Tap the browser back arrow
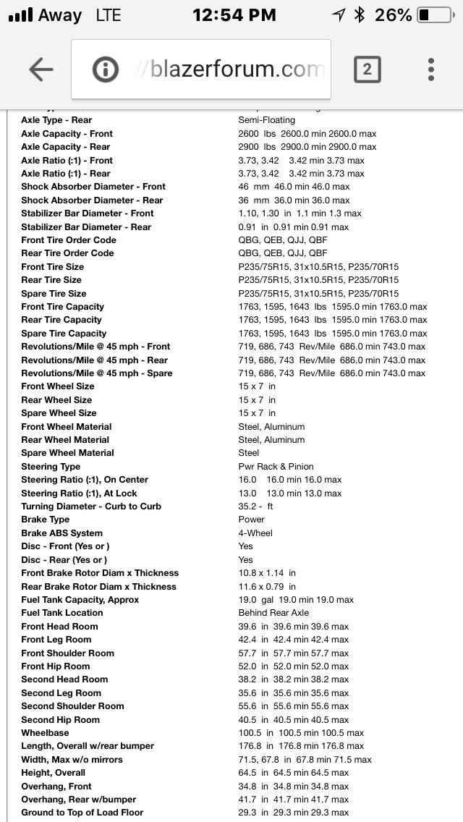(x=41, y=69)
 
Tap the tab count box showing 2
(x=367, y=69)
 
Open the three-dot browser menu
(x=431, y=69)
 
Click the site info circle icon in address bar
(x=106, y=69)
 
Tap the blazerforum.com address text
(x=230, y=69)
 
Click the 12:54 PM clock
(x=234, y=14)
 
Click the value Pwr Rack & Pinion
(x=276, y=467)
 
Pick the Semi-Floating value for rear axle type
(x=266, y=120)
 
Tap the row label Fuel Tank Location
(x=62, y=613)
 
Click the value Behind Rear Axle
(x=273, y=613)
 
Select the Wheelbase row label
(x=45, y=733)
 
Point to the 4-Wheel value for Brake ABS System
(x=255, y=533)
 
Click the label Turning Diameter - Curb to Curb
(x=91, y=507)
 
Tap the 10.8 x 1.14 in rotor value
(x=267, y=573)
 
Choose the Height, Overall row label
(x=53, y=773)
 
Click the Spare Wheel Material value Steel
(x=248, y=453)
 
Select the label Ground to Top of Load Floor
(x=82, y=813)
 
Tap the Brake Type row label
(x=46, y=520)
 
